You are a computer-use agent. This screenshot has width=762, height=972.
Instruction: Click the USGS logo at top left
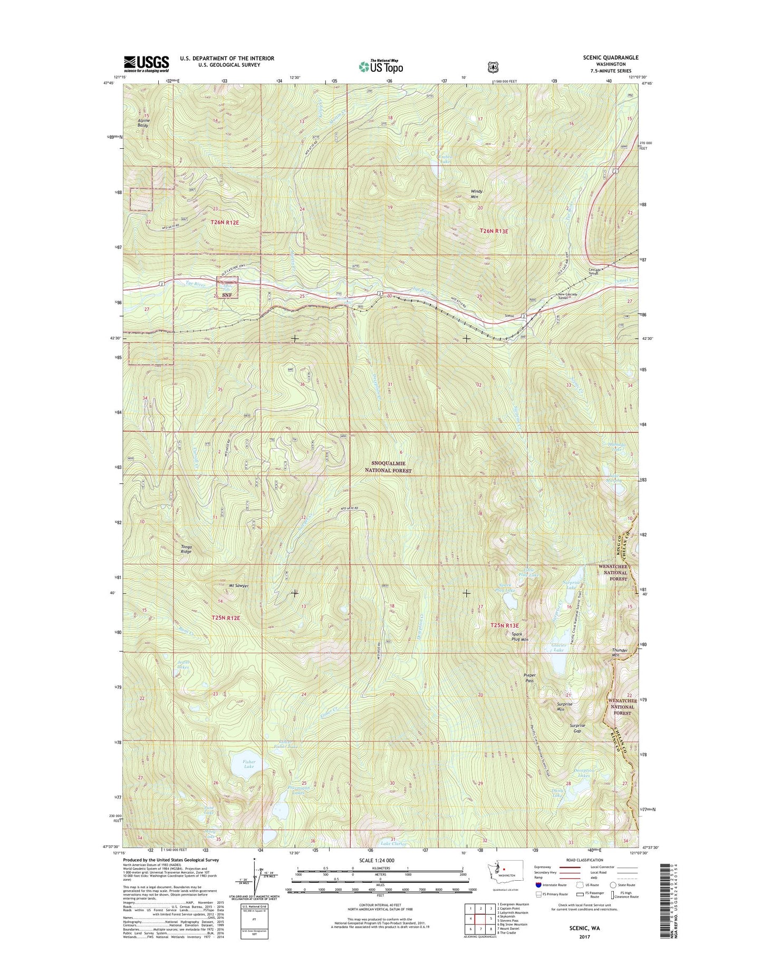click(x=147, y=64)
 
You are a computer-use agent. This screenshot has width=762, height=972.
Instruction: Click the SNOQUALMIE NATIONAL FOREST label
click(x=390, y=467)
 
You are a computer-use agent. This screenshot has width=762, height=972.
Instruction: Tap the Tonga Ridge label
click(x=187, y=549)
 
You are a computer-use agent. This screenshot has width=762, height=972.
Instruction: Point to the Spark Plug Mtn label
click(x=517, y=636)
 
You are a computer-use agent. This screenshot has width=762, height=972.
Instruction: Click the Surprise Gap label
click(x=578, y=728)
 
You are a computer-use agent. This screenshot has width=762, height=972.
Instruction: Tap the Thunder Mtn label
click(x=620, y=652)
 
